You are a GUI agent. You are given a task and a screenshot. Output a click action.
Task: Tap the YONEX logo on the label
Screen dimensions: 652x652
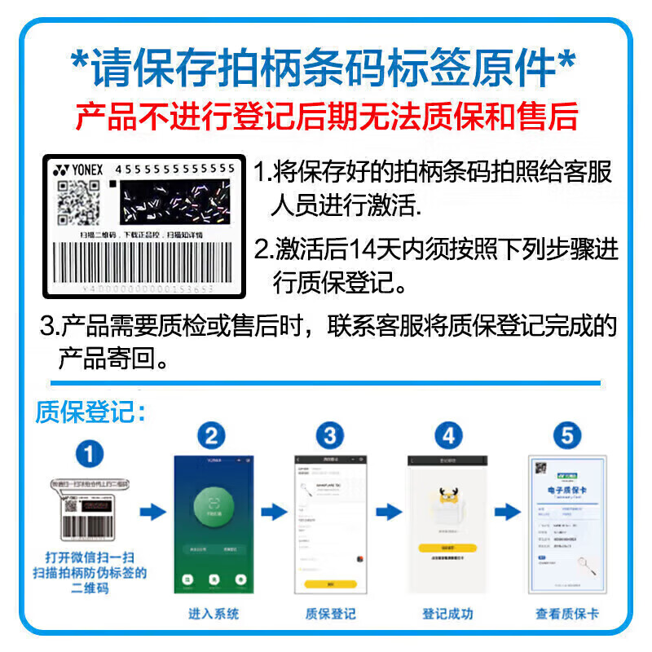[79, 170]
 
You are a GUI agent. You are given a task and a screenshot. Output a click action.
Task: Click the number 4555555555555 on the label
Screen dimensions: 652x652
[175, 169]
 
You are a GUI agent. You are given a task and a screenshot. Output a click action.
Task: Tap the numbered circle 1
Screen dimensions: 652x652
[90, 453]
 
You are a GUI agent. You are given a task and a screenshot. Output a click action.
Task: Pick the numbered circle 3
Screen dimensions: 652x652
[329, 436]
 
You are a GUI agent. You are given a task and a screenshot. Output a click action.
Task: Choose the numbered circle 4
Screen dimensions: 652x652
[448, 436]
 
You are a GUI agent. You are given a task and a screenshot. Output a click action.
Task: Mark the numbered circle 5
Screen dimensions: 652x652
[566, 436]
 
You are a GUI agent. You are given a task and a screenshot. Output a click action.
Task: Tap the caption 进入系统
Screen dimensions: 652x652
[214, 614]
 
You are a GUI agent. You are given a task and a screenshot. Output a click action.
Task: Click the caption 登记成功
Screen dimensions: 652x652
[447, 614]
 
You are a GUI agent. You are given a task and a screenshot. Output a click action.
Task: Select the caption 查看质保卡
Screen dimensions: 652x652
[566, 614]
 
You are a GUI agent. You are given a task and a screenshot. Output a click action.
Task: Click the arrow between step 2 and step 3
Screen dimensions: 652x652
[273, 512]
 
